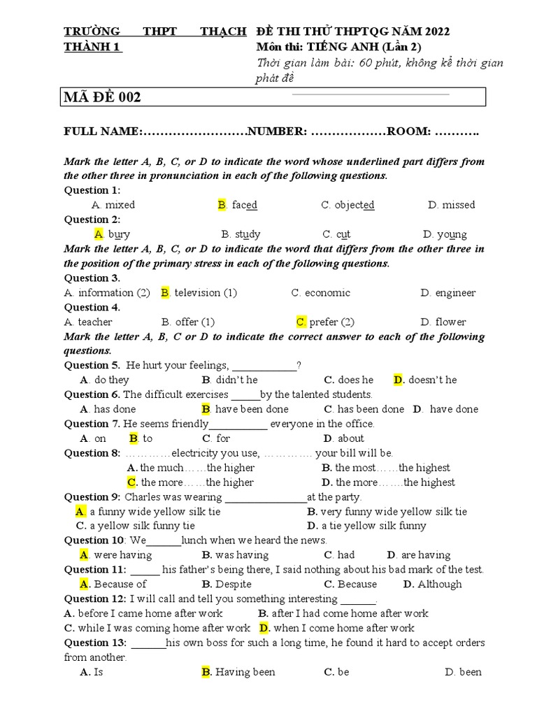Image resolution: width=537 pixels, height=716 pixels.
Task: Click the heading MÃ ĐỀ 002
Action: click(x=103, y=97)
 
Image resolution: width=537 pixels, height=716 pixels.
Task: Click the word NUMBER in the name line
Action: click(x=278, y=131)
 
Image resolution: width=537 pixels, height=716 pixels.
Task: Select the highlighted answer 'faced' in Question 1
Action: click(x=245, y=205)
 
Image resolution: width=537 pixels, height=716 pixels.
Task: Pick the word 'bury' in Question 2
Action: click(x=119, y=234)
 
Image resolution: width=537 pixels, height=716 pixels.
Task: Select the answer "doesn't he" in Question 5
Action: click(x=432, y=380)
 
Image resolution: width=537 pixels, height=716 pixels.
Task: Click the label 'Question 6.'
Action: click(x=92, y=394)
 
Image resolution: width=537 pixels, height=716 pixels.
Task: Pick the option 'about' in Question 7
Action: click(x=350, y=438)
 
